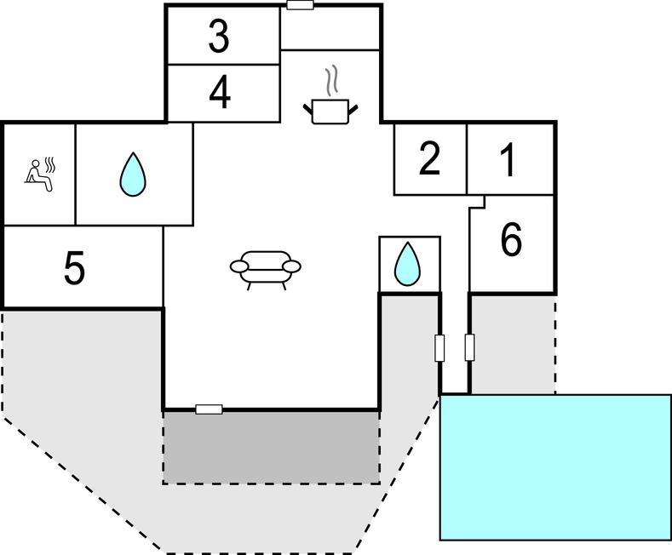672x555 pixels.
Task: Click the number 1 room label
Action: pyautogui.click(x=508, y=159)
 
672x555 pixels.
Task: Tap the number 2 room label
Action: pyautogui.click(x=430, y=159)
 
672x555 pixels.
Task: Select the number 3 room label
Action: pyautogui.click(x=220, y=37)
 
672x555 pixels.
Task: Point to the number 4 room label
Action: pyautogui.click(x=220, y=93)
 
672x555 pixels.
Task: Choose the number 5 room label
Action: pyautogui.click(x=75, y=269)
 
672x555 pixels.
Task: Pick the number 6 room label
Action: pyautogui.click(x=511, y=241)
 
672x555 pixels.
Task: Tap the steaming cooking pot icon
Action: pyautogui.click(x=330, y=111)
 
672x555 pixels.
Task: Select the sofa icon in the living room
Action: pyautogui.click(x=266, y=268)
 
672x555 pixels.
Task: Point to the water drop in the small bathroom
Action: pyautogui.click(x=407, y=264)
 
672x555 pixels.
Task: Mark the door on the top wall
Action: pyautogui.click(x=300, y=5)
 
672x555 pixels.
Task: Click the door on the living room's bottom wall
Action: pyautogui.click(x=209, y=409)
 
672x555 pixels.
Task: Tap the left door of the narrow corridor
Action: pyautogui.click(x=440, y=347)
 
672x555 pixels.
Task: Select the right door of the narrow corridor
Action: pyautogui.click(x=469, y=347)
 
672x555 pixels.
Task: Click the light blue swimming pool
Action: pyautogui.click(x=555, y=466)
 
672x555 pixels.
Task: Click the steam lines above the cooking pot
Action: pyautogui.click(x=331, y=82)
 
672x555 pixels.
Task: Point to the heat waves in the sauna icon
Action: pyautogui.click(x=50, y=162)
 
